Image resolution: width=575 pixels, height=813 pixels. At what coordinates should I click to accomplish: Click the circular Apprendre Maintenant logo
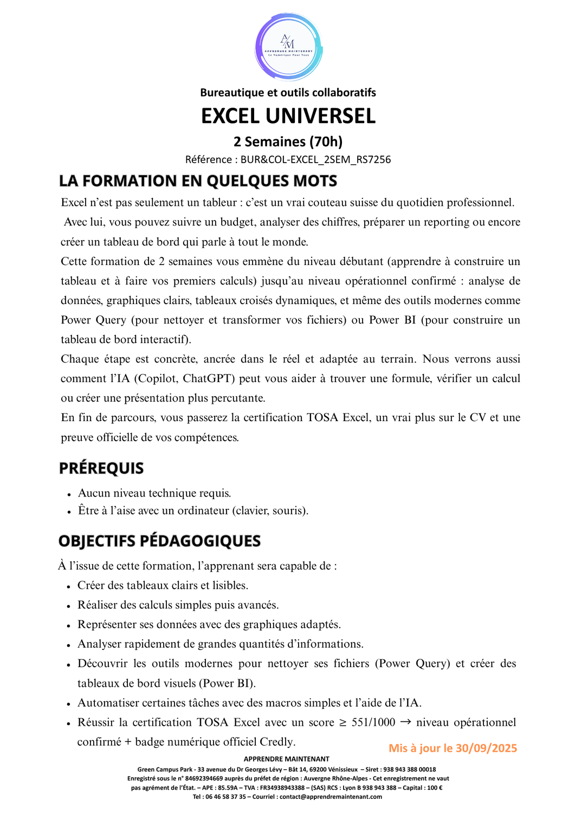288,47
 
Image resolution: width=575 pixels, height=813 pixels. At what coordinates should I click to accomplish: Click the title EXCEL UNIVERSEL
288,116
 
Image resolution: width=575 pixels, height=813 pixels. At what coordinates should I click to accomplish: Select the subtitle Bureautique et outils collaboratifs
288,93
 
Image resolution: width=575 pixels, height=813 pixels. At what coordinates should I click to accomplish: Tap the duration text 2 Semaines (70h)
288,141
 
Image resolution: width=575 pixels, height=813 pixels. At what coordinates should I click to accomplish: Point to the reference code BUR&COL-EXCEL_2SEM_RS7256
315,159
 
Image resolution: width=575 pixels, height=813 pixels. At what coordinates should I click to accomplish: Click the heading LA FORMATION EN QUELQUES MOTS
198,180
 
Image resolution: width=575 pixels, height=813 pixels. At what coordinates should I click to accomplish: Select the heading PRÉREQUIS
101,468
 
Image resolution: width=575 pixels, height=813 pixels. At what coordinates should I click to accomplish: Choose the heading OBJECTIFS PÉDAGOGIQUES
159,541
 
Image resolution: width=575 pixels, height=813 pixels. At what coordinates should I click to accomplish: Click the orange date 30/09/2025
486,748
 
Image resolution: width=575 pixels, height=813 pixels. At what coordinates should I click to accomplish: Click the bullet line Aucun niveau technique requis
154,493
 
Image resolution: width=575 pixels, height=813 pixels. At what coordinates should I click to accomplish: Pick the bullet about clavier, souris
193,511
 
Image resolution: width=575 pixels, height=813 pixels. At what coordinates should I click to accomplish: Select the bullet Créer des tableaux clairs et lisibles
163,585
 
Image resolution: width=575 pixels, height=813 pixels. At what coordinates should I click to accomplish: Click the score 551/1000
373,722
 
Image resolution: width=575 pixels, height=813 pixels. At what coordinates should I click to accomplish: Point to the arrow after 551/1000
405,722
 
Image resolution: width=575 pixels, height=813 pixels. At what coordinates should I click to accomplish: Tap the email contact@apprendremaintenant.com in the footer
331,797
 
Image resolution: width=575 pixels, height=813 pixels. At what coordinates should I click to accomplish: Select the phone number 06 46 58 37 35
226,797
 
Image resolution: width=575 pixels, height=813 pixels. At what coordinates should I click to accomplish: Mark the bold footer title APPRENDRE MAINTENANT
286,759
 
